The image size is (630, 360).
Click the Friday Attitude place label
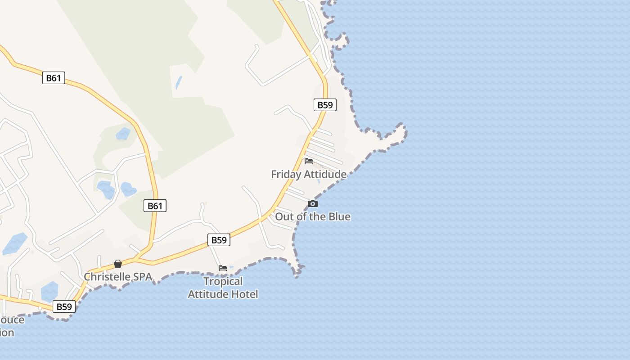point(309,174)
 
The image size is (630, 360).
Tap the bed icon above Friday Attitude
point(309,161)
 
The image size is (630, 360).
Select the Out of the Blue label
point(312,216)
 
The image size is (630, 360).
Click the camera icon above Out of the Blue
point(313,204)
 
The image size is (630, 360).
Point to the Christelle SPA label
point(118,276)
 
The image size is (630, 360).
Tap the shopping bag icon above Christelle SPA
point(118,264)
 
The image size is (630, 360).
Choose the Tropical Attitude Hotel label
point(223,288)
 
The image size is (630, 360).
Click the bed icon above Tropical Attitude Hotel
point(223,268)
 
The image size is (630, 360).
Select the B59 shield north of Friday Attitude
point(325,105)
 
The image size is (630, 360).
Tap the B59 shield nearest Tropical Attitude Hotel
point(219,240)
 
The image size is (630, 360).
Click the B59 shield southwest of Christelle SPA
point(64,306)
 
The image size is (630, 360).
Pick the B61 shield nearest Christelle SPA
point(155,206)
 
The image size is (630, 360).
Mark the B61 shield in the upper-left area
point(54,78)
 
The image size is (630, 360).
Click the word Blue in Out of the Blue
point(339,216)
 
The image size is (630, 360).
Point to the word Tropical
point(223,281)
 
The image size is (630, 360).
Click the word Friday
point(286,174)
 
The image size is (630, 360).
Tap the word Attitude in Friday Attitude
point(325,174)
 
